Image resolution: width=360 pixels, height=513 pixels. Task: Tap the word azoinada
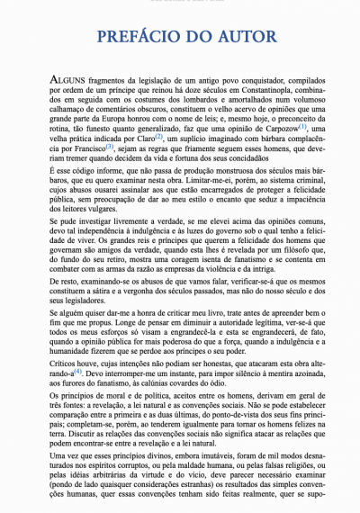(292, 346)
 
